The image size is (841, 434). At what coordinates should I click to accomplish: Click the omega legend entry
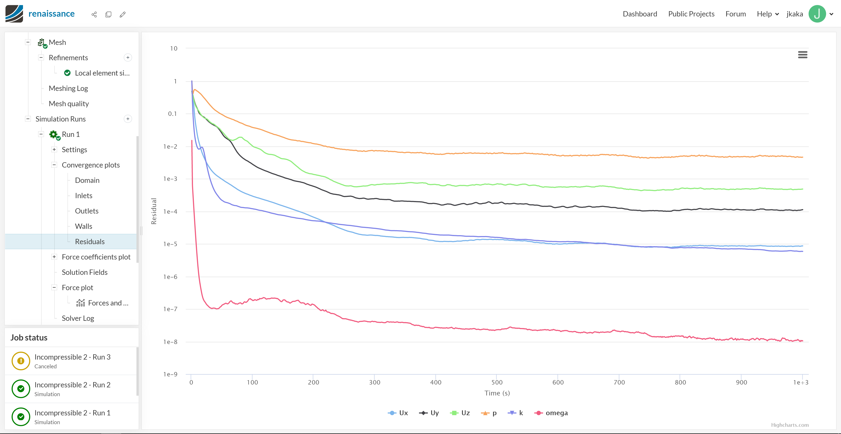(x=551, y=413)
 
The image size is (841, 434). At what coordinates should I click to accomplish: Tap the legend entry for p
(x=489, y=413)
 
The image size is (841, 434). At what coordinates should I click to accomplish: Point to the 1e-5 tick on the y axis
(x=170, y=244)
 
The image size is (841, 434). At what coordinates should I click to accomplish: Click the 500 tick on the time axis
(x=497, y=382)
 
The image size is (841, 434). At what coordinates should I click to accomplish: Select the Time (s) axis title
(x=497, y=393)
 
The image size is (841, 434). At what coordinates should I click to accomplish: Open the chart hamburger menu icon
(x=802, y=55)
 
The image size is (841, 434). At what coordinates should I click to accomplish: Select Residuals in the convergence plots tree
(x=90, y=242)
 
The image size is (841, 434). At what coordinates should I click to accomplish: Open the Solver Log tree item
(x=78, y=318)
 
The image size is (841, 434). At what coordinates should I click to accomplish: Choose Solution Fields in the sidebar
(x=85, y=272)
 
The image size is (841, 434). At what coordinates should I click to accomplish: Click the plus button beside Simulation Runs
(x=128, y=119)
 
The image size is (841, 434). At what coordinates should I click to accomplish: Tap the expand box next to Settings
(x=54, y=150)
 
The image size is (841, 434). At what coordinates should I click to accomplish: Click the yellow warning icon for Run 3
(x=21, y=361)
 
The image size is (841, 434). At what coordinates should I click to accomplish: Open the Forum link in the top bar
(x=736, y=14)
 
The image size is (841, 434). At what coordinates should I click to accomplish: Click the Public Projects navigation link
(x=691, y=14)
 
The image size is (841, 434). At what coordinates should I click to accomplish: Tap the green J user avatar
(x=817, y=14)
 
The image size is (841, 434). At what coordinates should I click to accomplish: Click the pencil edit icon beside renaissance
(x=123, y=14)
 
